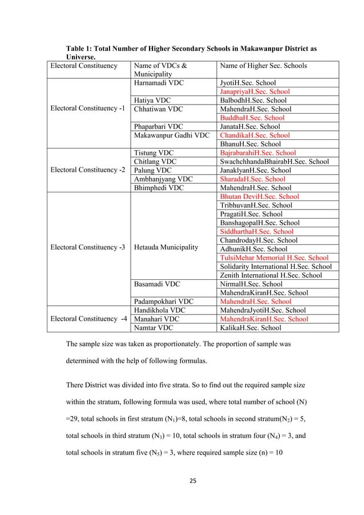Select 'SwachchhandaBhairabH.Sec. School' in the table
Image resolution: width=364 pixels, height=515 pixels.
tap(274, 162)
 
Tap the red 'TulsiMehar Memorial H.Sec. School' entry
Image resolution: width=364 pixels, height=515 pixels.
tap(274, 257)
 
